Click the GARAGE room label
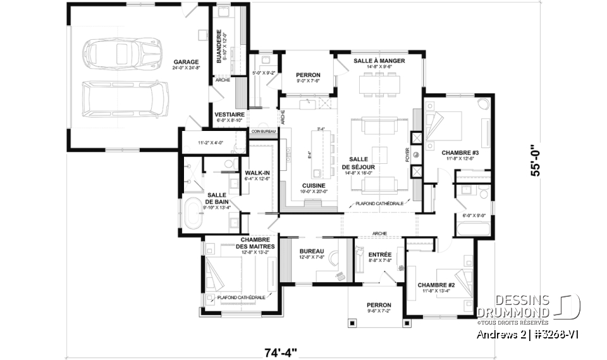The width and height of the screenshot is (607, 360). [x=187, y=62]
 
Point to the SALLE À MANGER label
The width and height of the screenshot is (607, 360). [x=379, y=61]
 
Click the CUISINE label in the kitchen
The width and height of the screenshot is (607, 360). [x=314, y=185]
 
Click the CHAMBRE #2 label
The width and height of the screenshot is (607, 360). [x=436, y=285]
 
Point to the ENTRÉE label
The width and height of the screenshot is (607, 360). [x=379, y=254]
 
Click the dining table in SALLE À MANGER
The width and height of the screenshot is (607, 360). [x=379, y=84]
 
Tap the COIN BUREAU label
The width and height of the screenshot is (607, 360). [x=262, y=132]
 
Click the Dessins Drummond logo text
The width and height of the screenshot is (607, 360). [x=513, y=306]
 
